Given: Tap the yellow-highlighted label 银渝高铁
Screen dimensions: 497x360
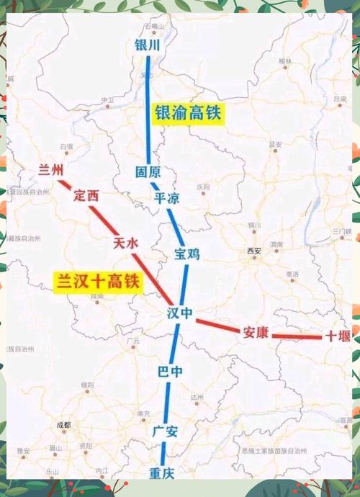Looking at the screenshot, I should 189,113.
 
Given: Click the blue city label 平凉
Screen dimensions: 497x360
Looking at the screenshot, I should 167,199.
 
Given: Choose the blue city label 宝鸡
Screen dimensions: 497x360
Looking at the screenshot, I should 186,254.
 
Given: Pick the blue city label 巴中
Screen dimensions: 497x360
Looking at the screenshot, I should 170,372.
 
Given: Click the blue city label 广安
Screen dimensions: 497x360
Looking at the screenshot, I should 165,432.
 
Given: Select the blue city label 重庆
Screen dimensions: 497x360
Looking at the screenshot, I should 161,473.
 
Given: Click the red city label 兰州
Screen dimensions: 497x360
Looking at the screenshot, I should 51,170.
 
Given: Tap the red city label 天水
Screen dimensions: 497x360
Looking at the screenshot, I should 125,243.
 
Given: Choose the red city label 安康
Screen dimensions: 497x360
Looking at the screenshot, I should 256,332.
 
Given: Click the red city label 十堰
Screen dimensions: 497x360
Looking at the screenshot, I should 338,336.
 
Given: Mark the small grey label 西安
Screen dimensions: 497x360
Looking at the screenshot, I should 253,251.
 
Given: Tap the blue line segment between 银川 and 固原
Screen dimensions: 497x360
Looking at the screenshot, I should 148,108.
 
